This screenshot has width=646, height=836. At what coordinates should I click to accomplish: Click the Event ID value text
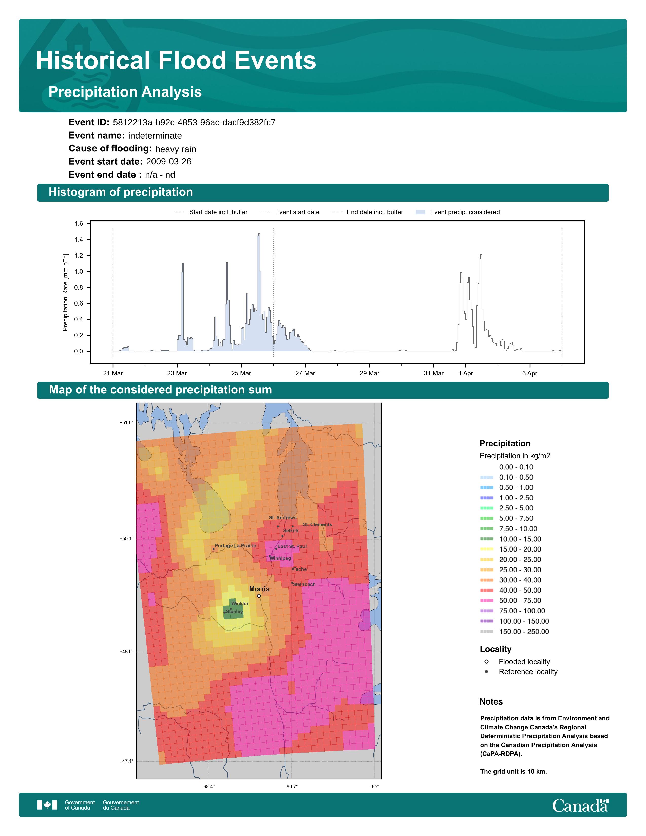pyautogui.click(x=194, y=123)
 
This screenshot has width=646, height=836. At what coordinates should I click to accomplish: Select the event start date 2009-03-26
pyautogui.click(x=168, y=162)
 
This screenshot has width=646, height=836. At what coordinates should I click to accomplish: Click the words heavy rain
pyautogui.click(x=175, y=149)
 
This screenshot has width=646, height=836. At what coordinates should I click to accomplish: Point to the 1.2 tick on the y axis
pyautogui.click(x=79, y=256)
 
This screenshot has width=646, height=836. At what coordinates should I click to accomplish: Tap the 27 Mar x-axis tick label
pyautogui.click(x=305, y=373)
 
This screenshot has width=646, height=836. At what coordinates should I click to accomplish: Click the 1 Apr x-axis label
pyautogui.click(x=466, y=373)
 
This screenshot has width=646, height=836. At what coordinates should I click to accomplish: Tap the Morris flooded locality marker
pyautogui.click(x=259, y=596)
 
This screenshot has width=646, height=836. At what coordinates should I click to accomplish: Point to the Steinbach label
pyautogui.click(x=304, y=584)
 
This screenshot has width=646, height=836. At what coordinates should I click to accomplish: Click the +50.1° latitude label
pyautogui.click(x=127, y=539)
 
